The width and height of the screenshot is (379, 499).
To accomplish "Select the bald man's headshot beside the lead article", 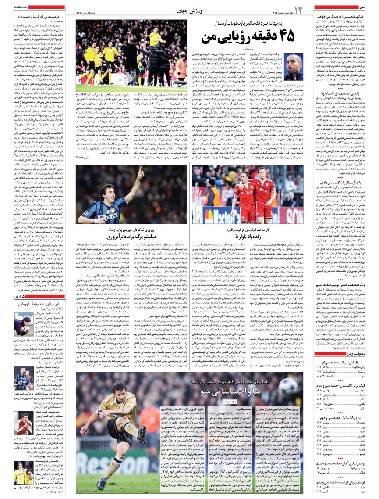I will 294,66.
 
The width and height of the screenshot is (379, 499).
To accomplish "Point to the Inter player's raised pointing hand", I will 141,170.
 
